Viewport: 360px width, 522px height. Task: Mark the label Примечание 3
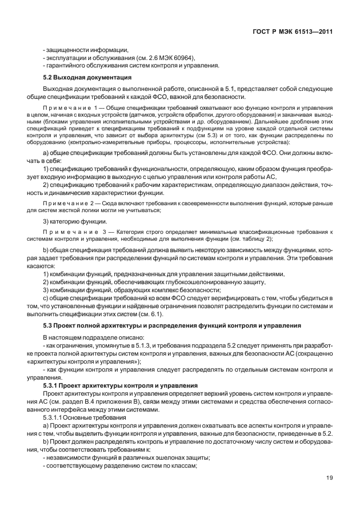[x=69, y=232]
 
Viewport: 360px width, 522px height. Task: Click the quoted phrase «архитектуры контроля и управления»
[x=81, y=362]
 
